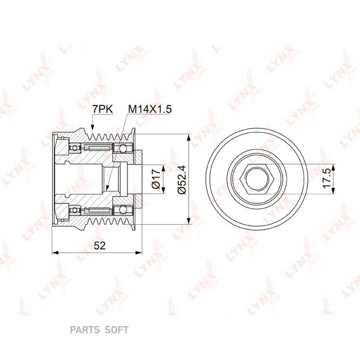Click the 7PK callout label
point(103,109)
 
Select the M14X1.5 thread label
point(150,109)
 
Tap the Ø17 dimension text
point(156,179)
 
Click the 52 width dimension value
point(100,246)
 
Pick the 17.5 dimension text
point(327,178)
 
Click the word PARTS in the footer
point(85,330)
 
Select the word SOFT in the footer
point(116,330)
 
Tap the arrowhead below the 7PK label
point(92,128)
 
